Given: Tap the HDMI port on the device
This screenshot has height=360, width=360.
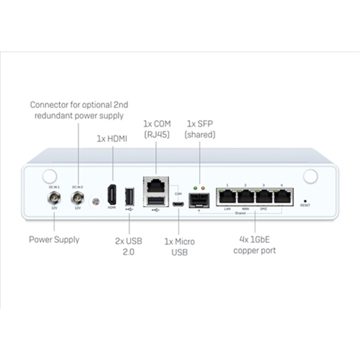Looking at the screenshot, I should point(112,195).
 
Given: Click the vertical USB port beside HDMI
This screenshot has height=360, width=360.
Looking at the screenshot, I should point(129,196).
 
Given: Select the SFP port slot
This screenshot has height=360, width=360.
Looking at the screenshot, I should point(198,201).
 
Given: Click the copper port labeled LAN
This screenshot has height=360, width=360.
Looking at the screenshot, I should point(227,196).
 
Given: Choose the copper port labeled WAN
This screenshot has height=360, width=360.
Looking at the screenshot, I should point(245,196).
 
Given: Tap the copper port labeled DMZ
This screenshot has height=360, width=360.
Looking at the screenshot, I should point(264,196).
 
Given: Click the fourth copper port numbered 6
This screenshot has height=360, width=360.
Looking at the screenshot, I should point(282,196).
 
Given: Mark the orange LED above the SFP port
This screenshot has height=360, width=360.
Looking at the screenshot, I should point(204,189).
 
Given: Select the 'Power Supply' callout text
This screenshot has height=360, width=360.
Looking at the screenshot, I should point(54,239).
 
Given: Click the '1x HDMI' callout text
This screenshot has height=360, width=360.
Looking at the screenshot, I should point(112,139).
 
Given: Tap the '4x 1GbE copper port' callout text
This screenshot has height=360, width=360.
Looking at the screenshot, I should point(254,245).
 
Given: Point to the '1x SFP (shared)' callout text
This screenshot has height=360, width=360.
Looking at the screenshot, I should point(200,129).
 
